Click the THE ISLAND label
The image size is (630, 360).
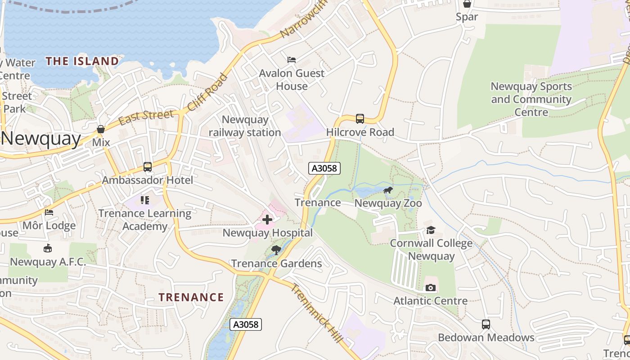click(x=82, y=61)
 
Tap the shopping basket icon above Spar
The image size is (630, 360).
click(x=467, y=4)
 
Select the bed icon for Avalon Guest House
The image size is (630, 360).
click(x=291, y=60)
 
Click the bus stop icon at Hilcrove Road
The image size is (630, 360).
click(x=360, y=119)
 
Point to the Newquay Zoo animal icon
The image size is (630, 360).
click(x=387, y=190)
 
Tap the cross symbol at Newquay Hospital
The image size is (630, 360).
click(x=267, y=220)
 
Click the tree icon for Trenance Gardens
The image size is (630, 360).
click(x=276, y=250)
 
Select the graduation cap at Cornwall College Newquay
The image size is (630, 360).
click(x=431, y=230)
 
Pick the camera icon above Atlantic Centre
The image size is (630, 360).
click(x=430, y=288)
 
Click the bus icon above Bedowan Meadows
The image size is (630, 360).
click(x=486, y=324)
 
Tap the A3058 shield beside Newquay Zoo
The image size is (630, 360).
click(x=324, y=168)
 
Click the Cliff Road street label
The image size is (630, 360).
click(x=207, y=92)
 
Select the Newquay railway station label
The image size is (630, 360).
click(x=245, y=126)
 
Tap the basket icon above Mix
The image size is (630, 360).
click(x=101, y=129)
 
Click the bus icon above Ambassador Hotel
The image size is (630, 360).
click(x=147, y=167)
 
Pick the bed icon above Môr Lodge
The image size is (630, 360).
click(x=49, y=212)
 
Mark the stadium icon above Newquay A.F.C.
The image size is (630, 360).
click(x=48, y=248)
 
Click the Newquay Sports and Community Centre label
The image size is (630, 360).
click(x=531, y=99)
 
